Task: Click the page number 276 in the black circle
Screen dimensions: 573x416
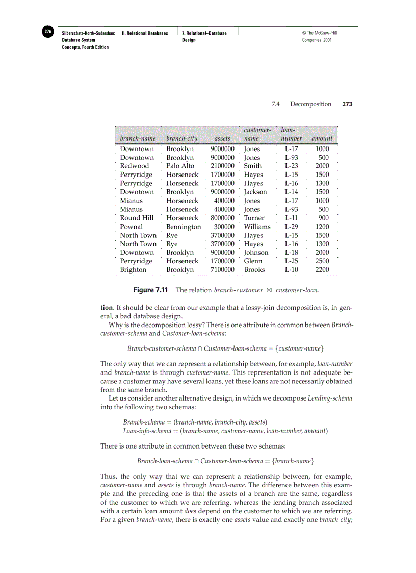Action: click(x=47, y=32)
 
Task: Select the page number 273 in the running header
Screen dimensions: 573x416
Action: click(x=347, y=104)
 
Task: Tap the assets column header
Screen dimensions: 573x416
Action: click(x=222, y=138)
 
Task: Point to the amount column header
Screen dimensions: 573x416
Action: click(x=322, y=138)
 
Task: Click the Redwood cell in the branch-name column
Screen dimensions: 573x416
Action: click(x=135, y=166)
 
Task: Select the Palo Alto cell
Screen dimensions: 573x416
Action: click(x=180, y=166)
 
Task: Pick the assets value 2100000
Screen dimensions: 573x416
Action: click(x=222, y=166)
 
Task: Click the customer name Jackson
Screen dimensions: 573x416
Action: click(x=255, y=192)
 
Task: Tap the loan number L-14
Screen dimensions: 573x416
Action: click(x=291, y=192)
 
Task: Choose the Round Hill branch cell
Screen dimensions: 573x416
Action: click(x=137, y=218)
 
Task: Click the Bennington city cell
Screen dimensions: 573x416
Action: click(x=184, y=227)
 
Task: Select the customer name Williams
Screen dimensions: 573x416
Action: click(x=257, y=227)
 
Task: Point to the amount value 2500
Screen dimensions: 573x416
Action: click(x=322, y=261)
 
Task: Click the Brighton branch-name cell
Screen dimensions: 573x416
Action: click(x=133, y=270)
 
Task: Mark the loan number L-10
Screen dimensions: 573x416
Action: click(x=291, y=270)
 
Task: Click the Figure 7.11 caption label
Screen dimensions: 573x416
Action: click(x=151, y=290)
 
